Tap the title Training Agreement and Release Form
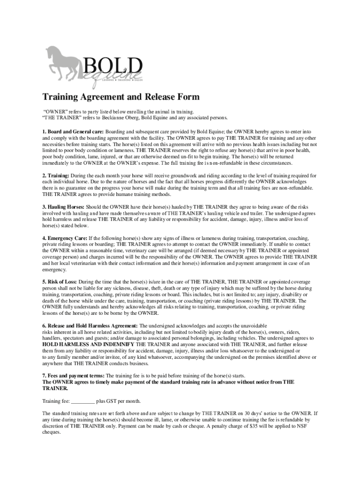point(121,97)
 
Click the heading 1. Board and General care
point(72,132)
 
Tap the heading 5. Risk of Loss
point(60,282)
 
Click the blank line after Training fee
point(83,401)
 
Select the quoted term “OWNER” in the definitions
point(56,111)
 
